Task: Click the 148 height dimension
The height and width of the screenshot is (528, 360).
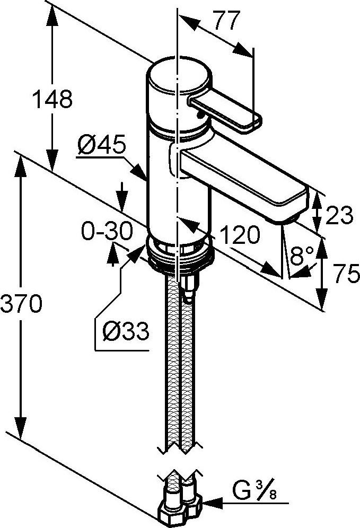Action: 52,99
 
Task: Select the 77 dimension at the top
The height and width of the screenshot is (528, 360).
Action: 227,20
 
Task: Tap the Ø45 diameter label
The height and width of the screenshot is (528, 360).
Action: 101,145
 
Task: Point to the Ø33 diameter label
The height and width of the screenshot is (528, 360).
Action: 126,331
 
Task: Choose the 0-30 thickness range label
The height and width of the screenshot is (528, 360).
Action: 107,232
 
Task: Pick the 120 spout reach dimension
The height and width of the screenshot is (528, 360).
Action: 240,234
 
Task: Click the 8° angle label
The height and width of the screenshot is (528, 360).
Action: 302,255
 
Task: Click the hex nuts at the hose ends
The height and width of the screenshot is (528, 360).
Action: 180,508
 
